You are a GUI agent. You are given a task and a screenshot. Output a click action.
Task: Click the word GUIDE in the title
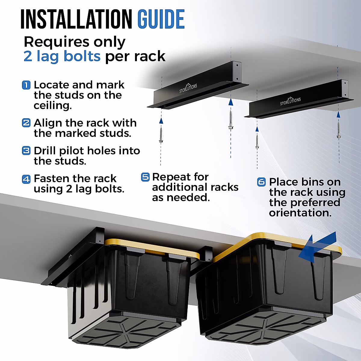pyautogui.click(x=161, y=19)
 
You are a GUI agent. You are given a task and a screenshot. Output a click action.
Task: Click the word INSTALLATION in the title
pyautogui.click(x=76, y=19)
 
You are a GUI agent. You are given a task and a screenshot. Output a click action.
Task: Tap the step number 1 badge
pyautogui.click(x=26, y=85)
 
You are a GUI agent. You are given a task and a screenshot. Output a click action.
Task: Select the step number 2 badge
pyautogui.click(x=26, y=123)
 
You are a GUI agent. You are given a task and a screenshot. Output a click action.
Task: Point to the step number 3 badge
pyautogui.click(x=26, y=150)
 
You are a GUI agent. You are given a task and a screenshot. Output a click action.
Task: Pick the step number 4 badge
pyautogui.click(x=26, y=179)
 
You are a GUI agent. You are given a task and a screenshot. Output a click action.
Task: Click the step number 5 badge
pyautogui.click(x=145, y=177)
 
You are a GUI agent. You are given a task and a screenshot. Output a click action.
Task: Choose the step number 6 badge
pyautogui.click(x=261, y=182)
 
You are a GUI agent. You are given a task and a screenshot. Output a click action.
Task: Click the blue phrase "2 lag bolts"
pyautogui.click(x=62, y=56)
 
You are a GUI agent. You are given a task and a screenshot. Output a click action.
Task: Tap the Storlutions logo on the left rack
pyautogui.click(x=188, y=88)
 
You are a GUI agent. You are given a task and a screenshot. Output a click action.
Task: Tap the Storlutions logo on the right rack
pyautogui.click(x=290, y=101)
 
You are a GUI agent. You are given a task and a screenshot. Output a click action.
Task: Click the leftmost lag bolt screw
pyautogui.click(x=161, y=134)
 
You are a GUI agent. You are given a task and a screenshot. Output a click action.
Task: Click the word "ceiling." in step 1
pyautogui.click(x=53, y=106)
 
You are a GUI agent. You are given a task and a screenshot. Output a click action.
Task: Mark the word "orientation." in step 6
pyautogui.click(x=300, y=213)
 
